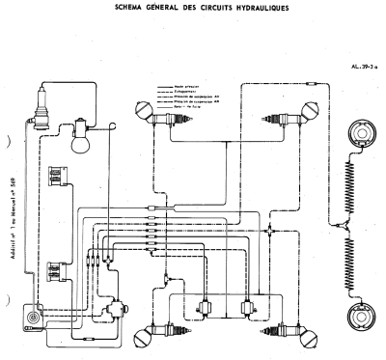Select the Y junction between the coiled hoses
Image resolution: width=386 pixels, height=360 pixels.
pos(345,223)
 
